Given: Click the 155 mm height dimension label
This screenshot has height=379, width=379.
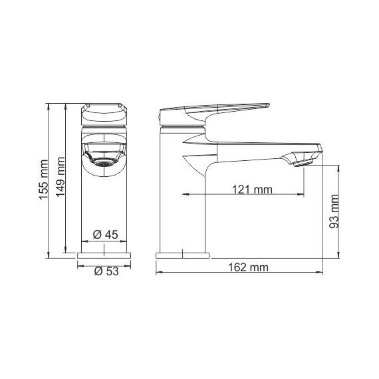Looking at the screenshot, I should [43, 180].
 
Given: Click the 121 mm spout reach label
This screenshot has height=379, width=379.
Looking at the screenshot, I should [253, 189].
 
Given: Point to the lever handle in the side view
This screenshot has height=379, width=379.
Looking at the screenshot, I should [213, 109].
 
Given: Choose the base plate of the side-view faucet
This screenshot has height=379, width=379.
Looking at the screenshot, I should [182, 255].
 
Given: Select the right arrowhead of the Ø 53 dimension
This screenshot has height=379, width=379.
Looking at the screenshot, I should [131, 266].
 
